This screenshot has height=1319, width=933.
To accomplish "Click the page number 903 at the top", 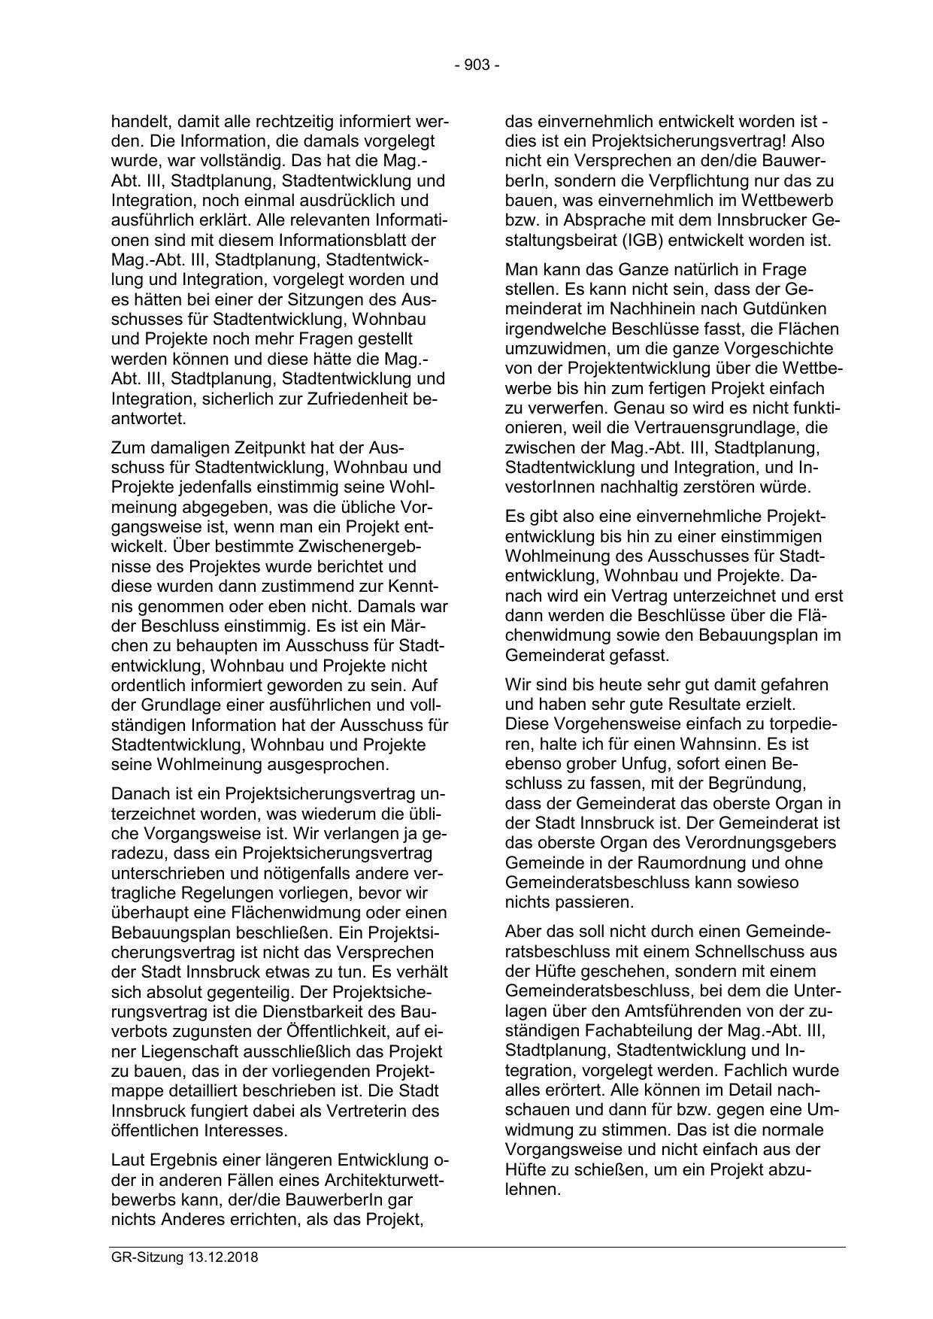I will pyautogui.click(x=477, y=65).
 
